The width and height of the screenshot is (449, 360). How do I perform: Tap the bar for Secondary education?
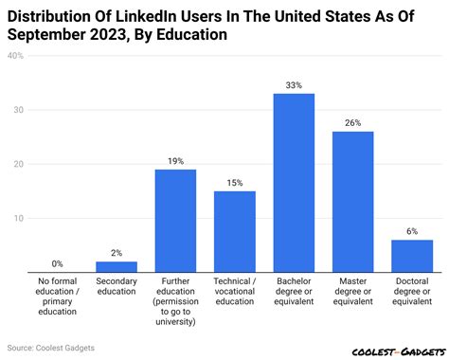(117, 267)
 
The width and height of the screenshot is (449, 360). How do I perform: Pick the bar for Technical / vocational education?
(234, 232)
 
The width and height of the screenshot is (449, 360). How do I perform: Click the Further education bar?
(175, 221)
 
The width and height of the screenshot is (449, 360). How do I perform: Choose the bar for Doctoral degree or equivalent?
(412, 256)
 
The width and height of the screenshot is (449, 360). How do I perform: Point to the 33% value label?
(294, 85)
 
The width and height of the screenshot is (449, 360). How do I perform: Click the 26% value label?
(352, 123)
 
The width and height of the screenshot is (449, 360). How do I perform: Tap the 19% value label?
(175, 161)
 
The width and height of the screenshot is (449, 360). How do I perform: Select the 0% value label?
(58, 263)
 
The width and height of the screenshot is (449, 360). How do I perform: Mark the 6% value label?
(412, 231)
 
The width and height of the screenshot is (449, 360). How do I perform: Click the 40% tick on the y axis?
(16, 56)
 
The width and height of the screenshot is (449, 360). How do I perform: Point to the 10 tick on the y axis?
(17, 218)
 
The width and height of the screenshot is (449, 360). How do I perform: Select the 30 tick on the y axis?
(17, 110)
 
